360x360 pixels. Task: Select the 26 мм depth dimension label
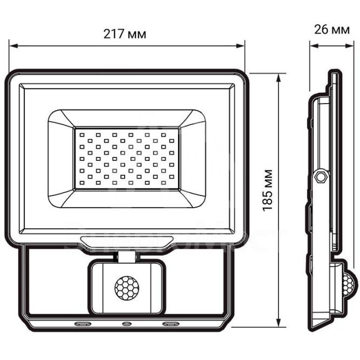point(331,29)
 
